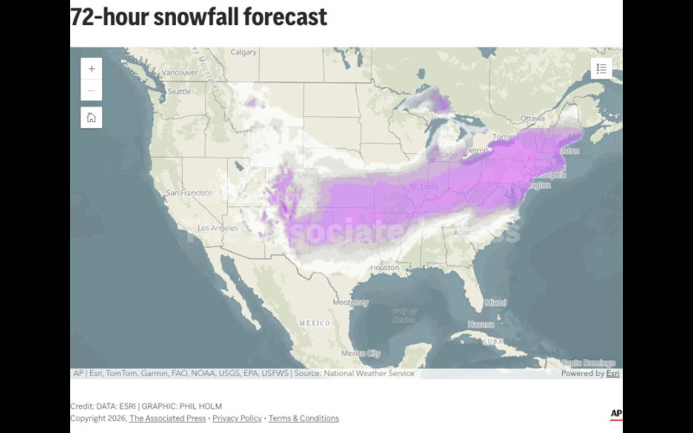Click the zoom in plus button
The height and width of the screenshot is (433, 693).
point(92,68)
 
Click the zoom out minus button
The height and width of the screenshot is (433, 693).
point(92,90)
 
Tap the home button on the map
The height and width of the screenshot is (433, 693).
point(92,118)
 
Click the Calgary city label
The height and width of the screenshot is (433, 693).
point(243,52)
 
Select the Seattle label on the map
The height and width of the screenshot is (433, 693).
point(178,91)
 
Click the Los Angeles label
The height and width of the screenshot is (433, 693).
point(217,228)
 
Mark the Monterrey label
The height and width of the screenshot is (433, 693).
point(350,302)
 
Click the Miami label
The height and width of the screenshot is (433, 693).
point(495,302)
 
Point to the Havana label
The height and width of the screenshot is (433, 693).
point(480,324)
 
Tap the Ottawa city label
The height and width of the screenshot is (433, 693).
point(533,117)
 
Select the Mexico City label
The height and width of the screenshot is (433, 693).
point(360,352)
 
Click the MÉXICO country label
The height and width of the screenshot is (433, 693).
point(314,322)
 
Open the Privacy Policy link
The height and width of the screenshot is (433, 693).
point(236,418)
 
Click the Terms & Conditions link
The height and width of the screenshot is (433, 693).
point(303,418)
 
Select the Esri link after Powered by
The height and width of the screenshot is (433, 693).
point(612,373)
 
